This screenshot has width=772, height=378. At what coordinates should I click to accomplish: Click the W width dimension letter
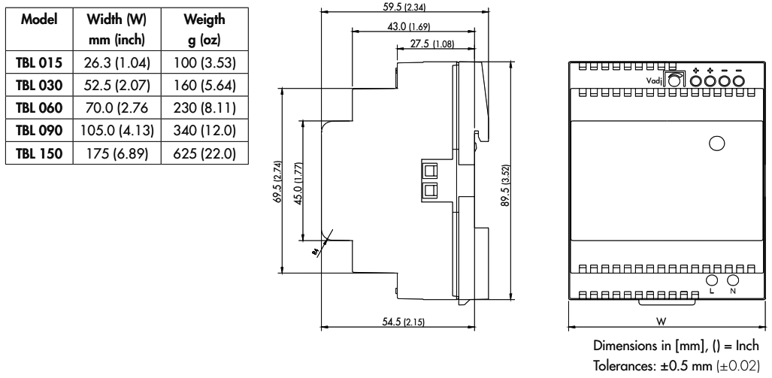point(658,321)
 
